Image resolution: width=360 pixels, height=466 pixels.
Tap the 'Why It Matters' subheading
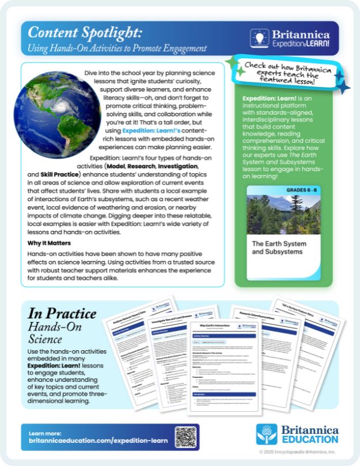pyautogui.click(x=50, y=243)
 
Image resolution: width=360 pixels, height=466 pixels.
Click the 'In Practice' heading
pyautogui.click(x=62, y=314)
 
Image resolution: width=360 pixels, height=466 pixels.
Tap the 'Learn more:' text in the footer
pyautogui.click(x=44, y=434)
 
